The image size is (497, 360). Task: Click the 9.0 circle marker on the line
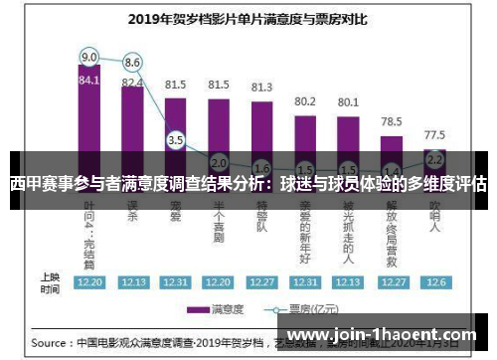(89, 56)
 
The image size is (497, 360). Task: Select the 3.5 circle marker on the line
(176, 140)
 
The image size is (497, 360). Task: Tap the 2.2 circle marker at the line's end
(434, 158)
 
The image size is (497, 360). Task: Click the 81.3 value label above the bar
(261, 87)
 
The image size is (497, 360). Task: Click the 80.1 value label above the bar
(348, 100)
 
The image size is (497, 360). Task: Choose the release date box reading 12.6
(434, 281)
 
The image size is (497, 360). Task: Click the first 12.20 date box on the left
(89, 281)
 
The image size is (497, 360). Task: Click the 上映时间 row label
(49, 281)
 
